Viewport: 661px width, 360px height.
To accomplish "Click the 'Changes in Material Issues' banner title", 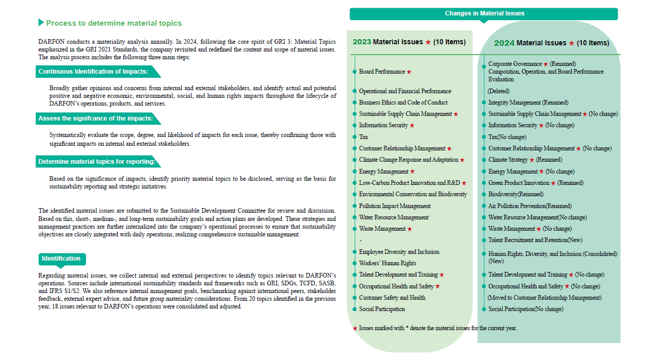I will [484, 14].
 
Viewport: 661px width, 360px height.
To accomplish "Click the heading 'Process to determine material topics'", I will [114, 23].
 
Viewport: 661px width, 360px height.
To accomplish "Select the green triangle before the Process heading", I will [41, 23].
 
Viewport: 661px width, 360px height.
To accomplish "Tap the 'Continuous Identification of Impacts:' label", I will [93, 72].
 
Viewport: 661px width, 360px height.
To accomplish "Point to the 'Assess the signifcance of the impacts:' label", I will [95, 118].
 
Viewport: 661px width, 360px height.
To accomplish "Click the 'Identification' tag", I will [61, 259].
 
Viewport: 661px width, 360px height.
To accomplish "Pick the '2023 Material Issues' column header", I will [409, 42].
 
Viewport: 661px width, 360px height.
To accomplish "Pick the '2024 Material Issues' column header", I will [551, 43].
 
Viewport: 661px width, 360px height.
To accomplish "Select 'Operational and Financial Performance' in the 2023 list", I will [405, 91].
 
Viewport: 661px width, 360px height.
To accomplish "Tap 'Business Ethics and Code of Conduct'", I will [403, 102].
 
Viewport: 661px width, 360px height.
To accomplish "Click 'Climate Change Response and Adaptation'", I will [409, 160].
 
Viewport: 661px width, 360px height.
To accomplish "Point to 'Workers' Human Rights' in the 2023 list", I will [388, 263].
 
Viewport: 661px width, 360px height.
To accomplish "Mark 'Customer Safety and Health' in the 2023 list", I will [392, 298].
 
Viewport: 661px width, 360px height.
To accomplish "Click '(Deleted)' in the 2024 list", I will [498, 91].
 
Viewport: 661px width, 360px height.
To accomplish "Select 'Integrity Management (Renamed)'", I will [528, 102].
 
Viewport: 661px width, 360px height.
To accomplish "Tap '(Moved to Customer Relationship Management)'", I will [544, 298].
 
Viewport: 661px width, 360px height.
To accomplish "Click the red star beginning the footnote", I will [355, 328].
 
